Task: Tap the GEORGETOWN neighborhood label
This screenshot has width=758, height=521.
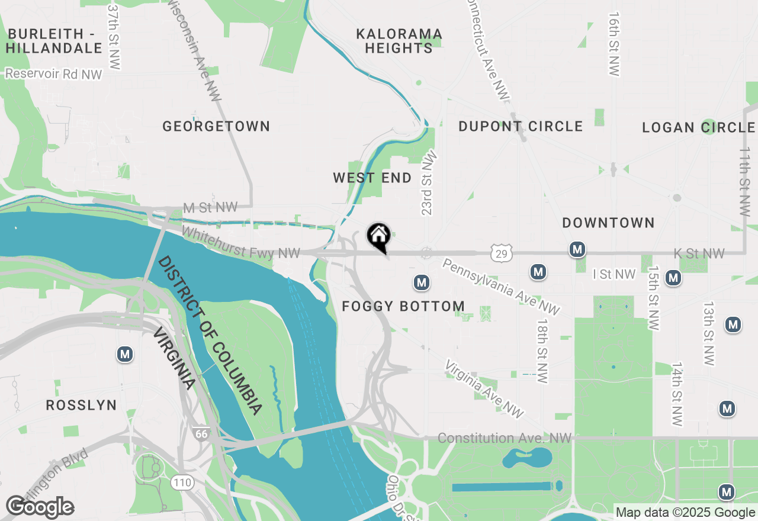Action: [x=216, y=126]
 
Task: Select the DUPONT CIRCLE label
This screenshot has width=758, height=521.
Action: [x=521, y=126]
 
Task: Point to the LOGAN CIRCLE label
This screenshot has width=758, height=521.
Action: [x=699, y=127]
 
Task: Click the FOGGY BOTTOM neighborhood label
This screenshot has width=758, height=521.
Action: [x=403, y=306]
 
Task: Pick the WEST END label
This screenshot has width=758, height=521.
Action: [x=372, y=178]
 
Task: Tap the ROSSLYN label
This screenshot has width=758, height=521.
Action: [x=81, y=405]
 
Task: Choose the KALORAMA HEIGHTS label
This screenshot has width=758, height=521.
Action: [x=399, y=41]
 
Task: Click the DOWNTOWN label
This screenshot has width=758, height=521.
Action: [x=608, y=223]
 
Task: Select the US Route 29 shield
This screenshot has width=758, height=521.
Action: [x=501, y=254]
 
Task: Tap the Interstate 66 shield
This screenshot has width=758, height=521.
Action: [x=201, y=434]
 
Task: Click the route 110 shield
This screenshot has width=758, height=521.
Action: [x=182, y=483]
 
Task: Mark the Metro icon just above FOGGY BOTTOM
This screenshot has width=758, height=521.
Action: [x=421, y=282]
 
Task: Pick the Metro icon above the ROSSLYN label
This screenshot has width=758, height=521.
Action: [x=124, y=355]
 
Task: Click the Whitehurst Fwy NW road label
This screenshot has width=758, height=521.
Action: [x=241, y=243]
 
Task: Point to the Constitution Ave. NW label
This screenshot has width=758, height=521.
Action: [x=505, y=438]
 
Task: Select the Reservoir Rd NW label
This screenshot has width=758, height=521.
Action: [x=54, y=74]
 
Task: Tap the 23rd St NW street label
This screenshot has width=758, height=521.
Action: [x=428, y=184]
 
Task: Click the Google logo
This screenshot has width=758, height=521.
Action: [x=40, y=507]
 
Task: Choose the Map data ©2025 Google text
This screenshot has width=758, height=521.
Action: [x=685, y=513]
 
